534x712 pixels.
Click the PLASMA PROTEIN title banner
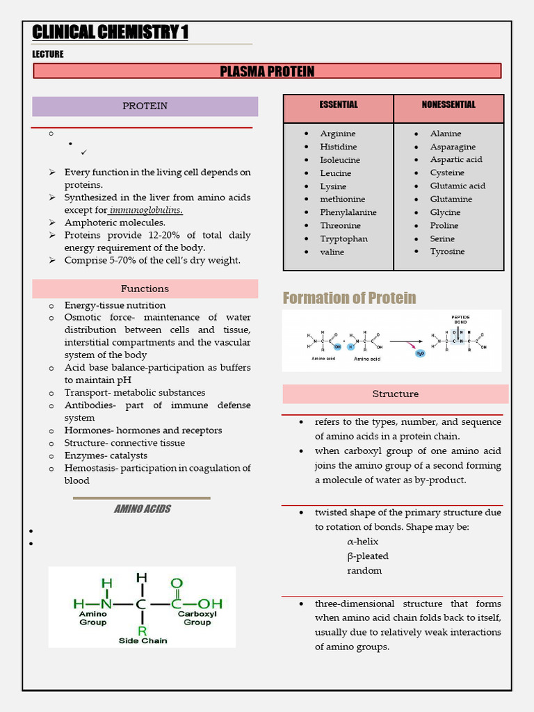click(x=267, y=72)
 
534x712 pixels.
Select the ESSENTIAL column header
click(x=339, y=105)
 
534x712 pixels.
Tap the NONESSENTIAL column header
click(x=448, y=105)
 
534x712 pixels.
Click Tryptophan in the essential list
click(x=343, y=238)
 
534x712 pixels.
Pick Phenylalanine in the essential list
click(x=348, y=212)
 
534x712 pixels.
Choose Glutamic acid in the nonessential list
click(x=458, y=186)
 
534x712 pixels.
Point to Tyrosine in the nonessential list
click(x=447, y=252)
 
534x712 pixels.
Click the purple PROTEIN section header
click(x=145, y=106)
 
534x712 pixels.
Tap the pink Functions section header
click(x=145, y=289)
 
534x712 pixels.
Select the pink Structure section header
click(x=395, y=394)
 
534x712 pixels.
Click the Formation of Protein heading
click(x=349, y=298)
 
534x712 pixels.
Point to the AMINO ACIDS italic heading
click(x=142, y=509)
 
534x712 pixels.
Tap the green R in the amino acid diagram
click(x=142, y=631)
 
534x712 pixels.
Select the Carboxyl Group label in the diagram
click(x=197, y=618)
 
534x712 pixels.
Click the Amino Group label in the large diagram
click(x=92, y=618)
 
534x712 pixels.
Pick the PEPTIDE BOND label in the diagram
click(x=461, y=320)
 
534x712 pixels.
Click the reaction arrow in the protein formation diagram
click(x=407, y=341)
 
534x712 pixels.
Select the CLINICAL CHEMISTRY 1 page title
click(x=110, y=32)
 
